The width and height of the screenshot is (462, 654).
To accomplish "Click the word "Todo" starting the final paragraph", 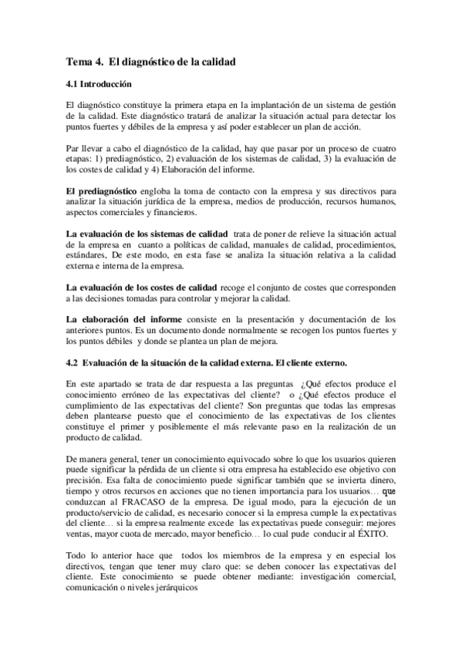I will click(x=76, y=556).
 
